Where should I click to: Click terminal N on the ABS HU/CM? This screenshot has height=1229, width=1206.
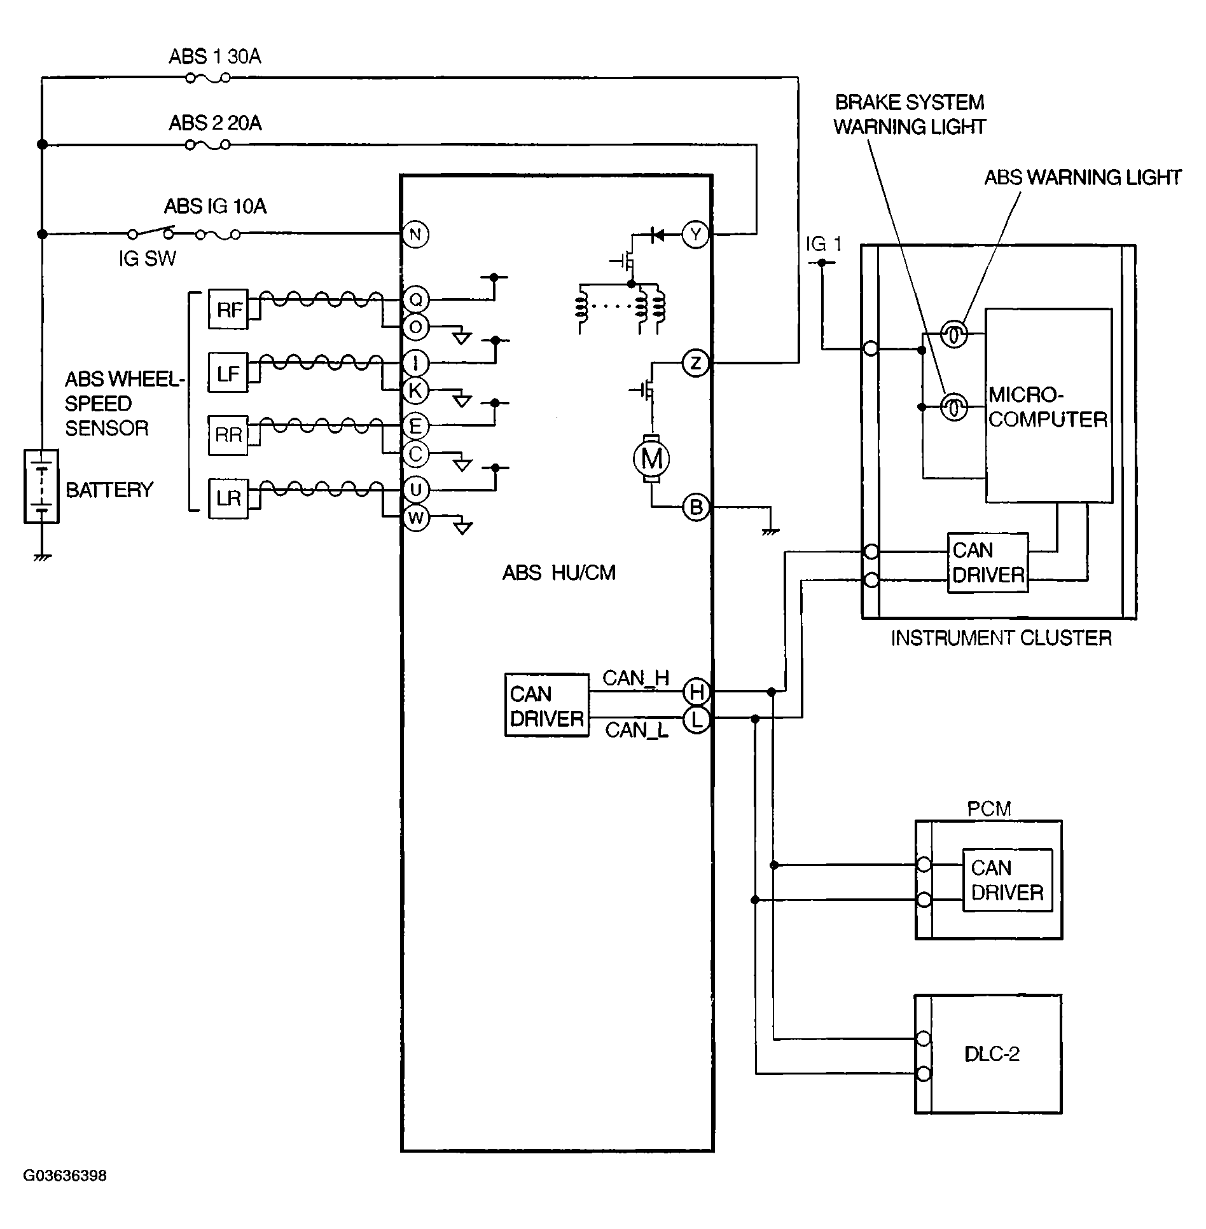click(x=415, y=235)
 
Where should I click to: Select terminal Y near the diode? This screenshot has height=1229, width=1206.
click(x=695, y=235)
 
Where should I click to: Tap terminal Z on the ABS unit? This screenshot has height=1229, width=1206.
click(x=695, y=363)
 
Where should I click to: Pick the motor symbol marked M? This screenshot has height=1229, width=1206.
click(x=651, y=458)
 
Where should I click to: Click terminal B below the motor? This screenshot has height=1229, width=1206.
click(x=696, y=507)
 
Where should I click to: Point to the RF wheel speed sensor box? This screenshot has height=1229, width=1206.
click(x=228, y=310)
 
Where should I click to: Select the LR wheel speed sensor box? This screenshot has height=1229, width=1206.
click(x=228, y=498)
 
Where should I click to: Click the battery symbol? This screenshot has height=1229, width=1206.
click(x=41, y=486)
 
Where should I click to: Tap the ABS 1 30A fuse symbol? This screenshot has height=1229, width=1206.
click(x=207, y=78)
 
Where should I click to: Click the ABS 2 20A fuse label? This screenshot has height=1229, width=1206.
click(x=215, y=123)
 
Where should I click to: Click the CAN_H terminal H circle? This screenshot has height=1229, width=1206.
click(x=696, y=691)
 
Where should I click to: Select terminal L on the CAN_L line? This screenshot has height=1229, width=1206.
click(x=696, y=720)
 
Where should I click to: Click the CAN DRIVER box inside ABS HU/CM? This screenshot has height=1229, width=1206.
click(x=547, y=706)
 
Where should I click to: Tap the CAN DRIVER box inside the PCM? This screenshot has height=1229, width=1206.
click(x=1008, y=881)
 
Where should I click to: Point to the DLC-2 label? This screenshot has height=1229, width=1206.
click(x=992, y=1054)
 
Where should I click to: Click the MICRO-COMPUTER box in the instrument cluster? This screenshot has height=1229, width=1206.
click(x=1049, y=406)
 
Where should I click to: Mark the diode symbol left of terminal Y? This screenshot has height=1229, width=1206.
click(x=657, y=235)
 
